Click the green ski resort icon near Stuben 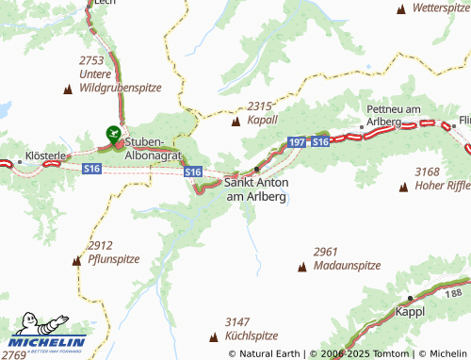pos(113,134)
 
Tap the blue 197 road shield pos(296,141)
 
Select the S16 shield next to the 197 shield pos(319,141)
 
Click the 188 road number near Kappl pos(456,295)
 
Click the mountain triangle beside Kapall pos(235,121)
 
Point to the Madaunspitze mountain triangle pos(302,267)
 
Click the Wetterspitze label pos(441,7)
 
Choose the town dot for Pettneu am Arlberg pos(361,126)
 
